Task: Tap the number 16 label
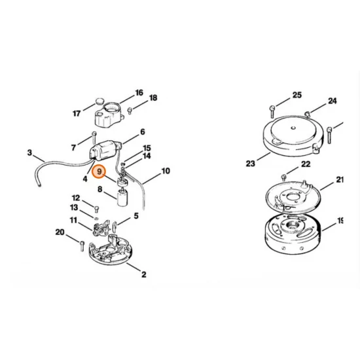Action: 139,93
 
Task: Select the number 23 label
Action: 251,164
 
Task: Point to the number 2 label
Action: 144,274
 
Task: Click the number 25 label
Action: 297,95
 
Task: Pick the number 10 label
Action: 166,171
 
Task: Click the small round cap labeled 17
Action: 99,101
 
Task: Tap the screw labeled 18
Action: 130,111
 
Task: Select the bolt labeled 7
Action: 94,137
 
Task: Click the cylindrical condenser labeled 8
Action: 122,197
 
